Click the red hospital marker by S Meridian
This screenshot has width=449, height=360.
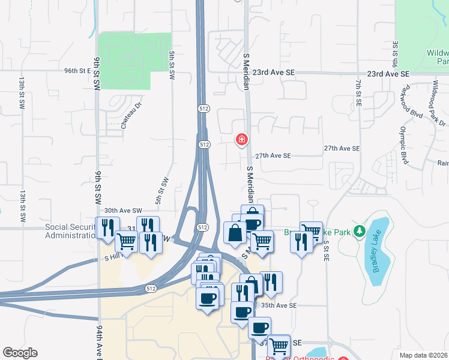pos(241,140)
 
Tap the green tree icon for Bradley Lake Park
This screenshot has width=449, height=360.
pos(359,230)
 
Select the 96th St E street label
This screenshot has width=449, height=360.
pos(77,71)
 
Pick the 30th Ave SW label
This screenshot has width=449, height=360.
pos(122,211)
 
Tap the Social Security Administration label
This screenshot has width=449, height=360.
pos(70,232)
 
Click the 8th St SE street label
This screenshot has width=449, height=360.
pos(395,55)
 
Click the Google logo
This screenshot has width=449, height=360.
pos(20,353)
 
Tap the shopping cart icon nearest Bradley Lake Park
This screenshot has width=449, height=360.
pos(310,232)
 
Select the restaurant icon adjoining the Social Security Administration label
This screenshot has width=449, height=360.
pos(107,227)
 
